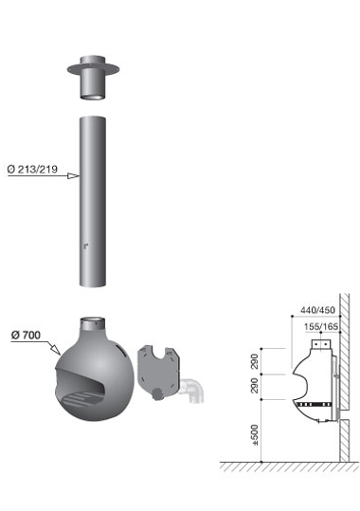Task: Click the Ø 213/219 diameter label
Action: pos(32,169)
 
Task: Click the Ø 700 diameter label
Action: pos(26,335)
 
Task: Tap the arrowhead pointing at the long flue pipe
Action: pos(73,176)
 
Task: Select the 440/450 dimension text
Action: pos(317,310)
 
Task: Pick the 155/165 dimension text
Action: pos(321,326)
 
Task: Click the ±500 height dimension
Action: pos(255,435)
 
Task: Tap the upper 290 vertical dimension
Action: pos(255,361)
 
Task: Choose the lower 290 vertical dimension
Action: pos(255,386)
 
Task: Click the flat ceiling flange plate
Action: pos(93,69)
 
